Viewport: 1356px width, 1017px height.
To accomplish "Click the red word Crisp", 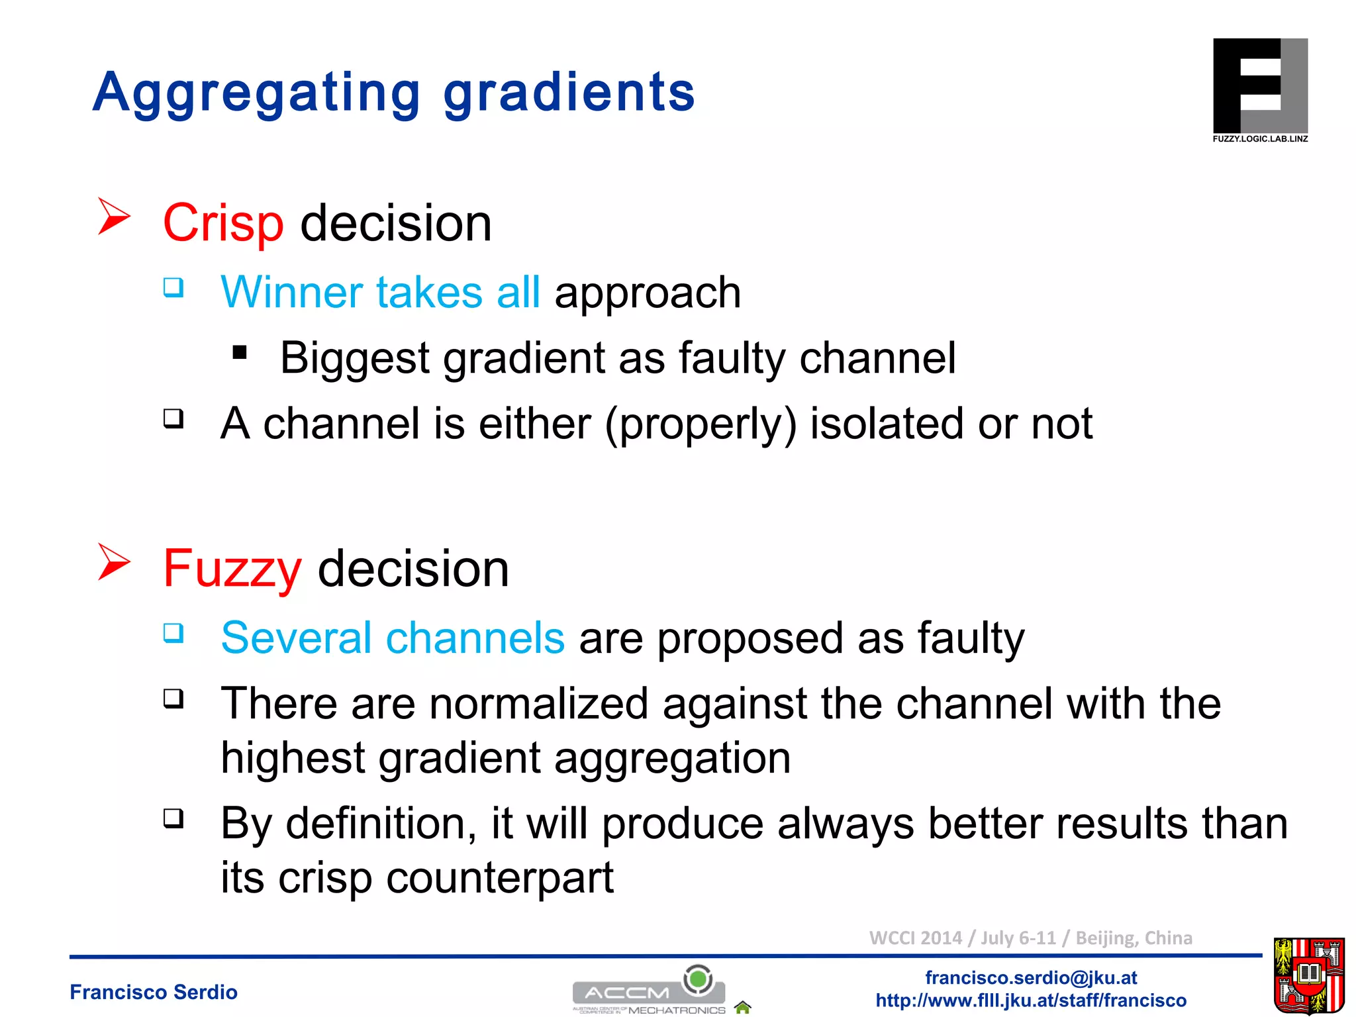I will click(223, 224).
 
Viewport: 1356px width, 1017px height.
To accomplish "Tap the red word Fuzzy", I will click(232, 569).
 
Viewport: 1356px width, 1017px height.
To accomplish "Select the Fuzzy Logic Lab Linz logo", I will click(1259, 90).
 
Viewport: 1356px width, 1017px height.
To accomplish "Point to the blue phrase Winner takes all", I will click(381, 293).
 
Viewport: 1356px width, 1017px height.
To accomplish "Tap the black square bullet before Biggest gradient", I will click(240, 352).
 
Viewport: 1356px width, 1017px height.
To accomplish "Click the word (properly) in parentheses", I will click(701, 424).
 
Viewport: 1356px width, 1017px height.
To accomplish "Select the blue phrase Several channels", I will click(393, 638).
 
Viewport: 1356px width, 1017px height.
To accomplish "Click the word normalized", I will click(538, 704).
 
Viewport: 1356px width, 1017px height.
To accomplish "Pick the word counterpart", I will click(500, 878).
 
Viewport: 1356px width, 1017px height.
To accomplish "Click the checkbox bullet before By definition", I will click(173, 818).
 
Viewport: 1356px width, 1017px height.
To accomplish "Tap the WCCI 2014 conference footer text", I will click(1030, 938).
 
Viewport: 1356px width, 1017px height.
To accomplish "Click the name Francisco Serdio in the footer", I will click(154, 992).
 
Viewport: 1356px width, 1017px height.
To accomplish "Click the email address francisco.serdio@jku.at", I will click(1031, 978).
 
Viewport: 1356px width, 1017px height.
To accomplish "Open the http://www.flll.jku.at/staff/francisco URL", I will click(1031, 1000).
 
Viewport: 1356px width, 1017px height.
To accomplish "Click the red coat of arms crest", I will click(1308, 975).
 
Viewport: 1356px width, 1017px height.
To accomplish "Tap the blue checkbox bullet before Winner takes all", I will click(173, 287).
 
